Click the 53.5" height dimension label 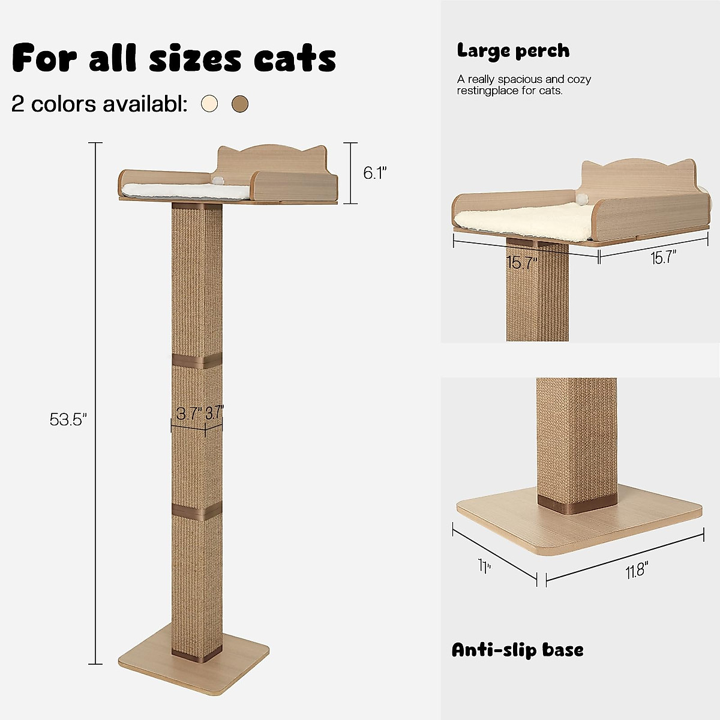[x=68, y=419]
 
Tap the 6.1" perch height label [x=374, y=173]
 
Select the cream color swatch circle [x=209, y=104]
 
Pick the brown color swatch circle [x=240, y=104]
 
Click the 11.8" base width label [x=637, y=571]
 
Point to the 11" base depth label [x=484, y=566]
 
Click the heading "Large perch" [x=513, y=51]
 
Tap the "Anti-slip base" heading [x=517, y=650]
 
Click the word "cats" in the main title [x=295, y=58]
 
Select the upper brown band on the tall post [x=197, y=362]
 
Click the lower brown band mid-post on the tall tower [x=197, y=510]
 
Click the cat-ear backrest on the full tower [x=271, y=159]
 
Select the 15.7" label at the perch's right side [x=663, y=259]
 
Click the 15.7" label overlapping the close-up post [x=521, y=263]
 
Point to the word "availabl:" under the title [x=145, y=104]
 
